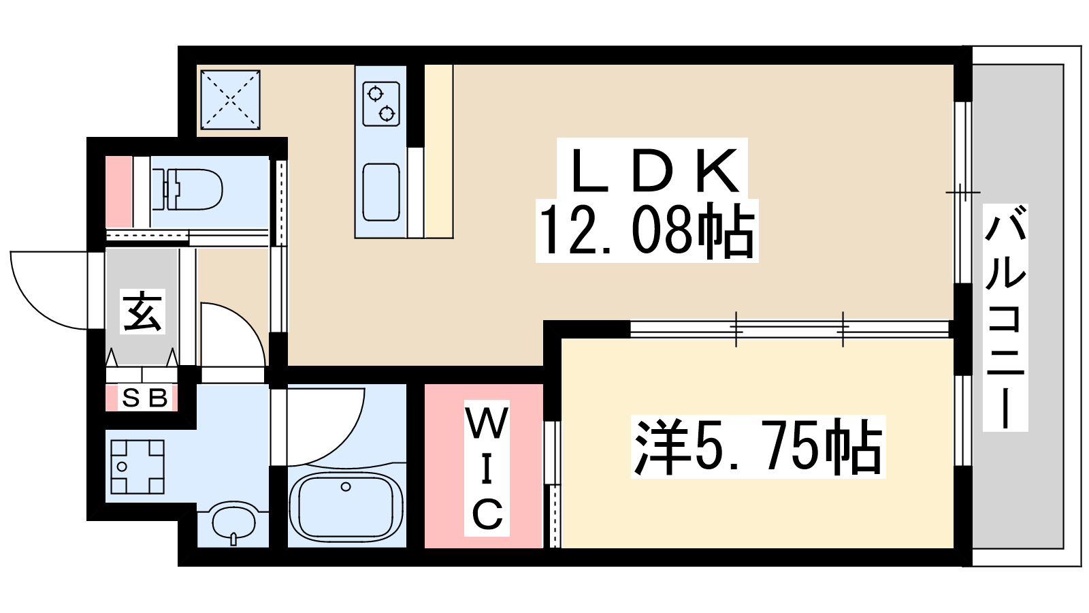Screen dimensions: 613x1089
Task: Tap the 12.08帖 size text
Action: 647,230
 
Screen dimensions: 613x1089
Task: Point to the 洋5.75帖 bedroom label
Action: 758,447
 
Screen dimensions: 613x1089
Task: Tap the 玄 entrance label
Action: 142,312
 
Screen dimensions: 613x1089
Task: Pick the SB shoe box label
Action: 144,398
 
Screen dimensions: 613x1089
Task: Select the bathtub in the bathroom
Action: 346,506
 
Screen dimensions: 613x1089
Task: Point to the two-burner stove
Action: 380,104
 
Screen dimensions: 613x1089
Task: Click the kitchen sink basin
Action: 381,192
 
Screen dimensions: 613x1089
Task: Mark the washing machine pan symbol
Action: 137,467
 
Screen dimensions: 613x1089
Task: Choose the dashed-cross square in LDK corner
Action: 230,99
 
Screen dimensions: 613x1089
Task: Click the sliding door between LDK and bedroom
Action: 790,329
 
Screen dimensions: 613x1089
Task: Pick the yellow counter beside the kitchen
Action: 438,151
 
